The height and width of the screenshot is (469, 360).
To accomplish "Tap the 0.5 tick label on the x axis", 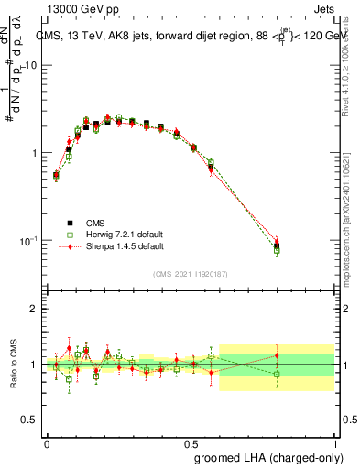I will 191,442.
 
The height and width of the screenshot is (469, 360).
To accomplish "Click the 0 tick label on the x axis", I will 47,442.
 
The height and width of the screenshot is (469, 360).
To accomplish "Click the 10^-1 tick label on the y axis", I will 28,240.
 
